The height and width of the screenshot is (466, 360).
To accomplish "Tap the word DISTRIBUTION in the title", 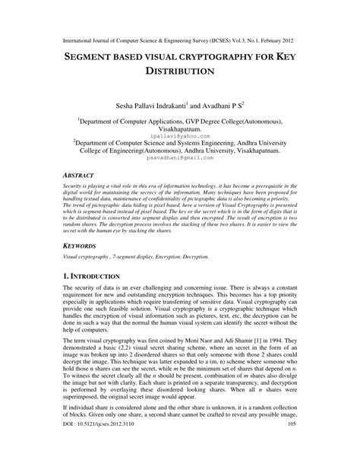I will click(180, 74).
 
